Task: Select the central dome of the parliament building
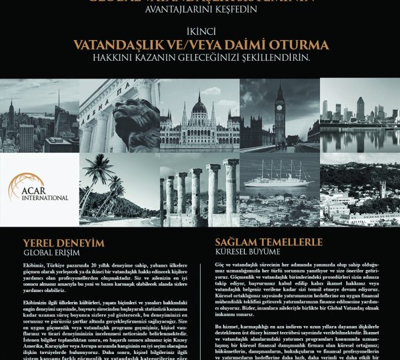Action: click(199, 105)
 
